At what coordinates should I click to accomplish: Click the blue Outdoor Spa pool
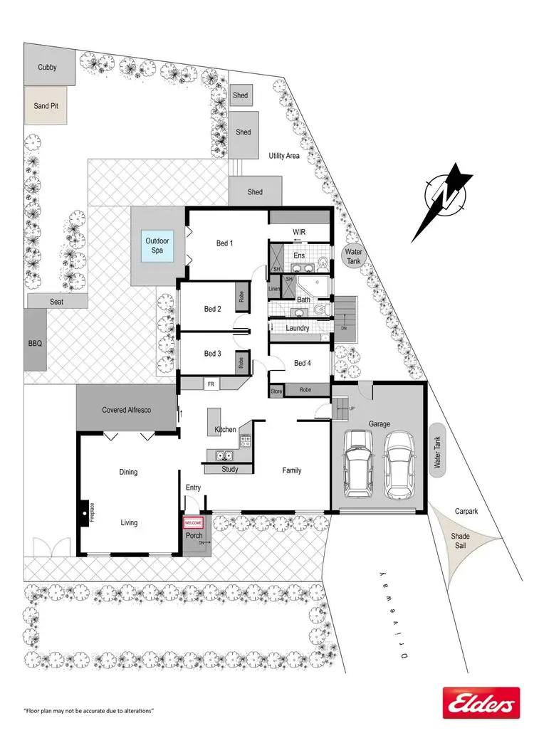coord(159,246)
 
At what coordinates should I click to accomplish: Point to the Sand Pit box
coord(46,106)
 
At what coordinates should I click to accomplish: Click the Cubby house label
coord(46,68)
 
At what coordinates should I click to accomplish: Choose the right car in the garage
coord(399,467)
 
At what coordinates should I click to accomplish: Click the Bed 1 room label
coord(224,243)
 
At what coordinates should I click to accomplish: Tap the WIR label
coord(299,232)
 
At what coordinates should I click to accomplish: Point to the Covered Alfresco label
coord(125,410)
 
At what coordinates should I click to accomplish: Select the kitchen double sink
coord(225,456)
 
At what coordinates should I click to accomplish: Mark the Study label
coord(229,469)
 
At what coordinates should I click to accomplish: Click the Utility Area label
coord(283,155)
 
